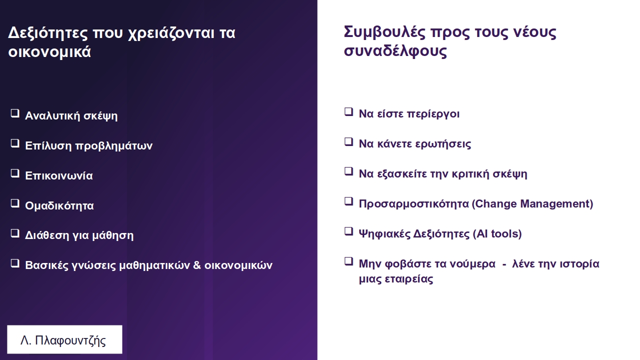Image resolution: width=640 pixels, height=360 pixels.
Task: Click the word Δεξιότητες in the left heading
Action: click(48, 33)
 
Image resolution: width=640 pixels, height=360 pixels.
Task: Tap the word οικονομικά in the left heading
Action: click(49, 52)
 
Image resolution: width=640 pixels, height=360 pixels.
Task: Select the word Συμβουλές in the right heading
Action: click(385, 32)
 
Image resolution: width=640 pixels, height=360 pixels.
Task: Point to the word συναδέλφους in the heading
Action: click(395, 51)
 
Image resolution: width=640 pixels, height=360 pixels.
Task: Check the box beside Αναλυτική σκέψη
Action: click(15, 113)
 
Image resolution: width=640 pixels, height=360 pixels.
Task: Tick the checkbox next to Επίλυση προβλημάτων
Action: click(15, 143)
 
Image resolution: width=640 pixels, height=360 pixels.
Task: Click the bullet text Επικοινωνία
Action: click(59, 175)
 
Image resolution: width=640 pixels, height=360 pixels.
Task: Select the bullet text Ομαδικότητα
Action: click(59, 205)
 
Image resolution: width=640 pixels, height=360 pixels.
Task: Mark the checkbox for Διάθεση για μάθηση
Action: click(15, 233)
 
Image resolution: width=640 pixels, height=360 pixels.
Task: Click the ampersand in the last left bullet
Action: click(197, 265)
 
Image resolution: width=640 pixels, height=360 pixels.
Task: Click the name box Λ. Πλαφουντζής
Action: click(64, 339)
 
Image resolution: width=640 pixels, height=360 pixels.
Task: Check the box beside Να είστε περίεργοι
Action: click(349, 112)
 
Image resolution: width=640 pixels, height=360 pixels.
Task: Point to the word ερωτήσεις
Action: click(443, 144)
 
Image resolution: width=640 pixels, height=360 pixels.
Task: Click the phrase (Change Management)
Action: click(532, 204)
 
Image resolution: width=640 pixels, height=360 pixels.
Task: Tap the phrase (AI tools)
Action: click(497, 234)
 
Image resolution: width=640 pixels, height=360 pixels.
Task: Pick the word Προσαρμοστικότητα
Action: click(414, 204)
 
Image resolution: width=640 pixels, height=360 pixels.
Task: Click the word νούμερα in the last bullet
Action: click(473, 264)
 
